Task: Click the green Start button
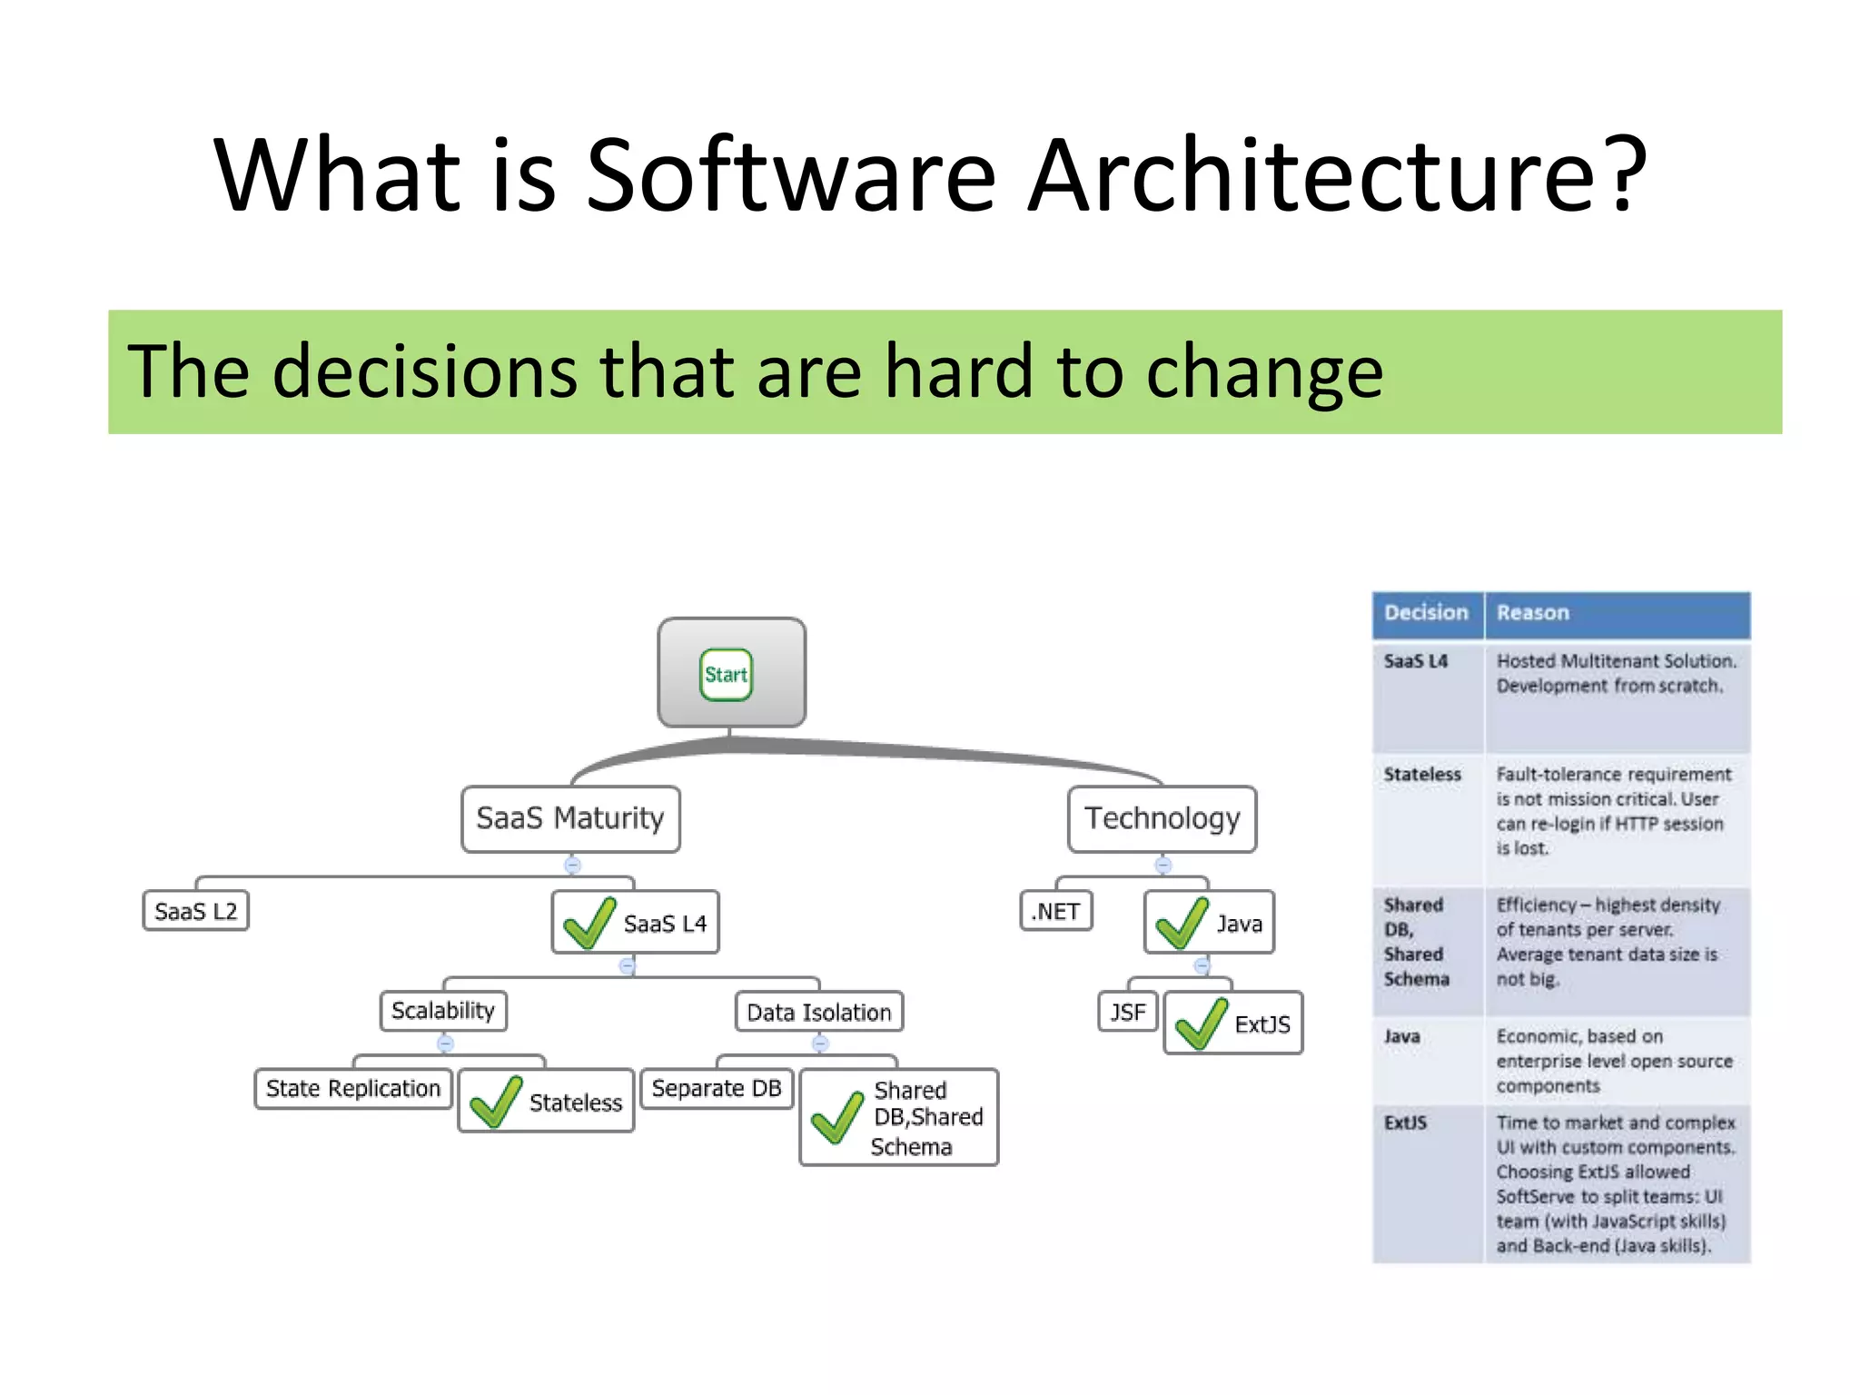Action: pyautogui.click(x=726, y=674)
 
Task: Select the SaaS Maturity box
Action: pyautogui.click(x=570, y=818)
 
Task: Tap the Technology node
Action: pyautogui.click(x=1162, y=818)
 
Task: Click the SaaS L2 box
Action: pyautogui.click(x=195, y=911)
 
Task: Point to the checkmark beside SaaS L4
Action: pyautogui.click(x=589, y=923)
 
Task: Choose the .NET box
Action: pyautogui.click(x=1055, y=911)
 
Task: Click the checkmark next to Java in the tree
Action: pyautogui.click(x=1181, y=923)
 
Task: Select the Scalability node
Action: pyautogui.click(x=443, y=1011)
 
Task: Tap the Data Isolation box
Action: pyautogui.click(x=818, y=1012)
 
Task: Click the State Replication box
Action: pyautogui.click(x=353, y=1088)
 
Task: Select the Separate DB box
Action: pyautogui.click(x=717, y=1088)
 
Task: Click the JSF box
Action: pyautogui.click(x=1128, y=1012)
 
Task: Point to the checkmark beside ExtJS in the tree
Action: pyautogui.click(x=1201, y=1024)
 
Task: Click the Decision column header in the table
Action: pyautogui.click(x=1426, y=613)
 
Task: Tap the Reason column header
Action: pyautogui.click(x=1533, y=613)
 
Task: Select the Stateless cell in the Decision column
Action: pyautogui.click(x=1422, y=775)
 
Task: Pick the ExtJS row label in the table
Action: pyautogui.click(x=1405, y=1123)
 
